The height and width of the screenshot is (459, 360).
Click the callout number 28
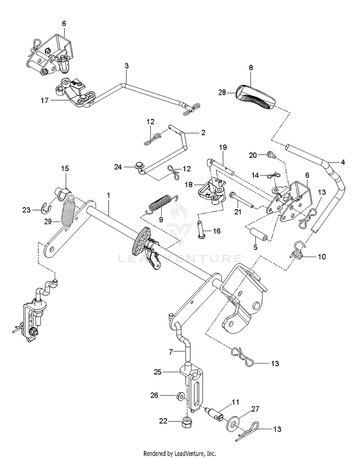point(222,93)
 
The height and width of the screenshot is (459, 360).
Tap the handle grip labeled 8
point(256,97)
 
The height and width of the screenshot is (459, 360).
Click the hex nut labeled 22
point(186,422)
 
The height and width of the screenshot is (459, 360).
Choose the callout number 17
point(45,100)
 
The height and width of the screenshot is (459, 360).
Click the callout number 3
point(127,66)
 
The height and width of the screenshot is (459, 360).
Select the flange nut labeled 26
point(181,397)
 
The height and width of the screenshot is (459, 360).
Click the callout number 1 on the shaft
point(108,195)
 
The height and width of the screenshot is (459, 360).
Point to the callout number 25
point(158,372)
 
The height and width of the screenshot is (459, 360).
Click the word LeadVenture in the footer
point(189,453)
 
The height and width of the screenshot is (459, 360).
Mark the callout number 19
point(223,147)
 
